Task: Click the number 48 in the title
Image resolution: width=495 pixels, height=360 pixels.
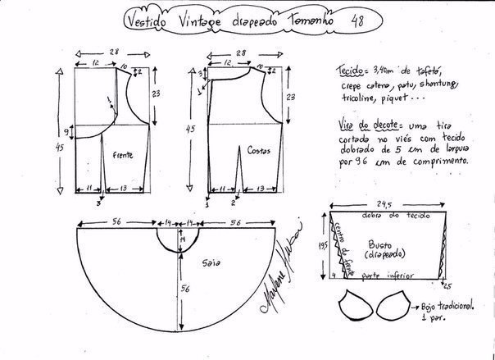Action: point(334,20)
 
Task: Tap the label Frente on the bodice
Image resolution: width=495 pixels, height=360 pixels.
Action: point(125,153)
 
